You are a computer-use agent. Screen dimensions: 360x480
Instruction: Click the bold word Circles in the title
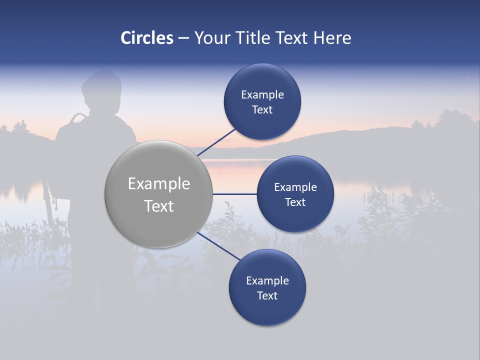[x=147, y=38]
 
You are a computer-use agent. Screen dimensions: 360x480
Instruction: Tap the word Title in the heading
[x=253, y=38]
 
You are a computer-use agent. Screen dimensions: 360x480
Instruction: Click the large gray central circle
[x=159, y=194]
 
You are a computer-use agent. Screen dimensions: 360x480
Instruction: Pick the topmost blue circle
[x=262, y=102]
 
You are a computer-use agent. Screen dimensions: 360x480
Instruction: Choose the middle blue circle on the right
[x=295, y=194]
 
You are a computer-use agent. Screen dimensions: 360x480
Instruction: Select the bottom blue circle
[x=267, y=288]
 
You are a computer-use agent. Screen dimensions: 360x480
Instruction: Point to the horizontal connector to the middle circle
[x=235, y=194]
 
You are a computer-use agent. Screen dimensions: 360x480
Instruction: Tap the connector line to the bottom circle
[x=218, y=246]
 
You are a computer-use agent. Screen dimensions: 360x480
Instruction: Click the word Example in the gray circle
[x=159, y=183]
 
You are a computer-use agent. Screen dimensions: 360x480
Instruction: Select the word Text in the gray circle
[x=159, y=206]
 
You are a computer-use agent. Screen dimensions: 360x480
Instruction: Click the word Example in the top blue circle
[x=262, y=94]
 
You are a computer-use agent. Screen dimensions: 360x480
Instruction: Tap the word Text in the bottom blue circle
[x=267, y=295]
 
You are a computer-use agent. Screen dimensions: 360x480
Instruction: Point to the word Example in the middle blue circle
[x=295, y=187]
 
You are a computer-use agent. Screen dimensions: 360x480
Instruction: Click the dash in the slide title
[x=183, y=38]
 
